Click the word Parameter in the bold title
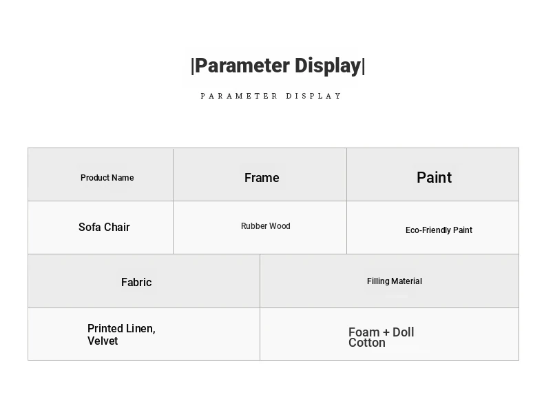[x=242, y=66]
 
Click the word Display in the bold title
[x=328, y=66]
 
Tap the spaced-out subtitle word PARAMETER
[x=239, y=96]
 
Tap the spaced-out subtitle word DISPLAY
[x=313, y=96]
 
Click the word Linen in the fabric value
[x=140, y=328]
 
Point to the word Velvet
[x=103, y=341]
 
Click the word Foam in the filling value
[x=364, y=332]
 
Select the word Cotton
[x=367, y=343]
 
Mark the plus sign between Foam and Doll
[x=386, y=332]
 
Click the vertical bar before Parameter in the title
[x=193, y=66]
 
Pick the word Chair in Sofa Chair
[x=116, y=227]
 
